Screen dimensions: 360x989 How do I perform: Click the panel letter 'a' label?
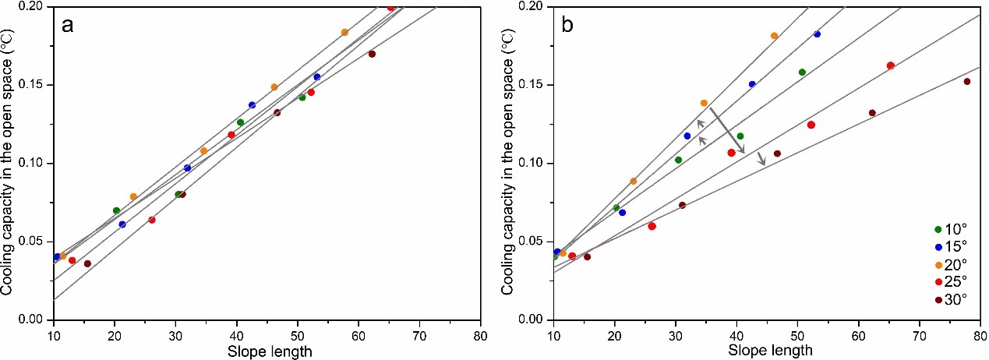tap(69, 25)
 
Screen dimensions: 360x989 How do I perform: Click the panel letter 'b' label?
tap(568, 25)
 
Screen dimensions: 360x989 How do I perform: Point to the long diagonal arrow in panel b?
tap(727, 131)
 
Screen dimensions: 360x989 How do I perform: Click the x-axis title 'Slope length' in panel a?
tap(270, 351)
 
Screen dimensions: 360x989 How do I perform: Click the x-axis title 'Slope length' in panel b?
tap(770, 351)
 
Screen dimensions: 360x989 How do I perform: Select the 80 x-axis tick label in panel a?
tap(481, 337)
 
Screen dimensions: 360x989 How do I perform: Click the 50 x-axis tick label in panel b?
tap(797, 337)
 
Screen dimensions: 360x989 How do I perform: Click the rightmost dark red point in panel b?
tap(966, 81)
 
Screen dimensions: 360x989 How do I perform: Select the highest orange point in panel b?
tap(774, 36)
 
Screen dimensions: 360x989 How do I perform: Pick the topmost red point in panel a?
tap(390, 8)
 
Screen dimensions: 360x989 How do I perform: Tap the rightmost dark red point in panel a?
tap(372, 54)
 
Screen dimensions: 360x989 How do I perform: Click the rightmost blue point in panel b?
tap(817, 34)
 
